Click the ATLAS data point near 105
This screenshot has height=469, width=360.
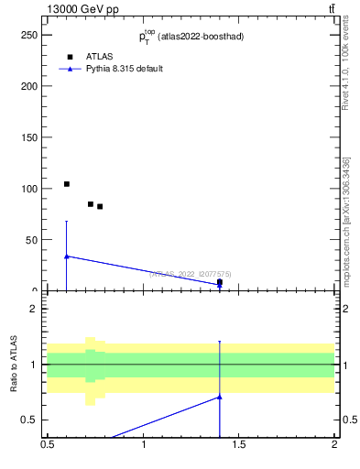(67, 184)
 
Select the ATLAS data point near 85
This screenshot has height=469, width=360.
(91, 204)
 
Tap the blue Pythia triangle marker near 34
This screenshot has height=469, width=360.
(67, 256)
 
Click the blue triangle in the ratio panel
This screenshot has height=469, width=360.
(220, 397)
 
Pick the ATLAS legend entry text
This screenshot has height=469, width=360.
(99, 56)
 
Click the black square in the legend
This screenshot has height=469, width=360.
(70, 57)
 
